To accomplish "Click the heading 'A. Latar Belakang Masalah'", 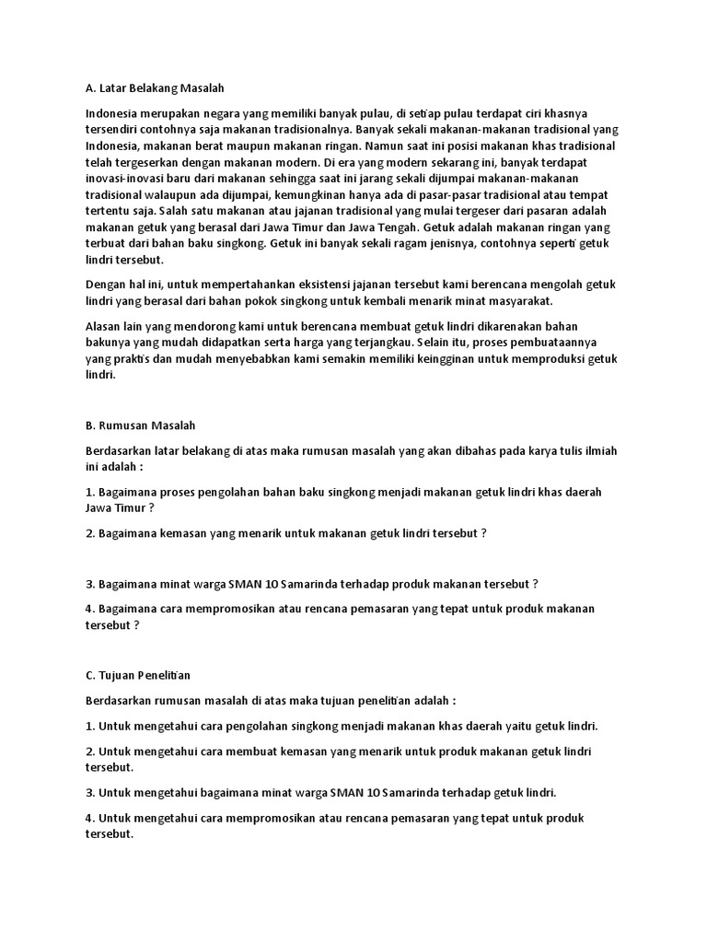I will coord(155,88).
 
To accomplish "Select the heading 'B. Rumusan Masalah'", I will coord(140,425).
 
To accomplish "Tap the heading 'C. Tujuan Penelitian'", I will coord(138,676).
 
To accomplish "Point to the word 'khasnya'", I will coord(588,113).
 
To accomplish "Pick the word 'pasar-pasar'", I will coord(433,195).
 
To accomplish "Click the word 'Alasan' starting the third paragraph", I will coord(104,327).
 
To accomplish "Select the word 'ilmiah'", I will coord(599,451).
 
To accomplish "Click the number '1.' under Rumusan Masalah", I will coord(90,492).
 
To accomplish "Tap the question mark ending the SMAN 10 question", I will coord(535,584).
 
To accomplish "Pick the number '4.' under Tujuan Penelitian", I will coord(90,818).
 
